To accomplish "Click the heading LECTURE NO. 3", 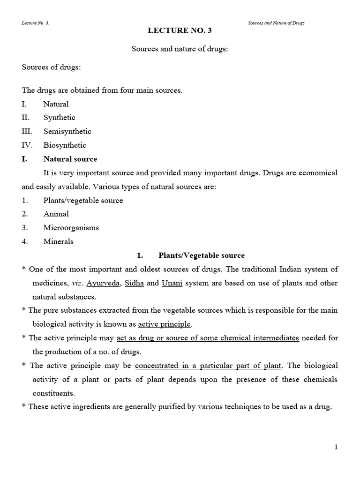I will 180,31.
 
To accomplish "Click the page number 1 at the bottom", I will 336,447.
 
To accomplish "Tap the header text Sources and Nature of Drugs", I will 276,23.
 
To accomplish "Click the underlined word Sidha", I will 134,283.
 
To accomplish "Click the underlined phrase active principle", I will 165,324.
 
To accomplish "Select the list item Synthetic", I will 59,118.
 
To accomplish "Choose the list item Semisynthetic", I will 67,131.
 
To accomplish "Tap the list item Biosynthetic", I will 65,145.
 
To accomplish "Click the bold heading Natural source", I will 70,159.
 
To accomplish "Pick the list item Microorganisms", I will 71,228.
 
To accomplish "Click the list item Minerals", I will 58,242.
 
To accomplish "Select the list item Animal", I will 56,214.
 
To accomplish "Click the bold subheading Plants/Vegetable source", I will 202,255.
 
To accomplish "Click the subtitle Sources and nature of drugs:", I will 180,49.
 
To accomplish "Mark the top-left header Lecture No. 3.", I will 36,23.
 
